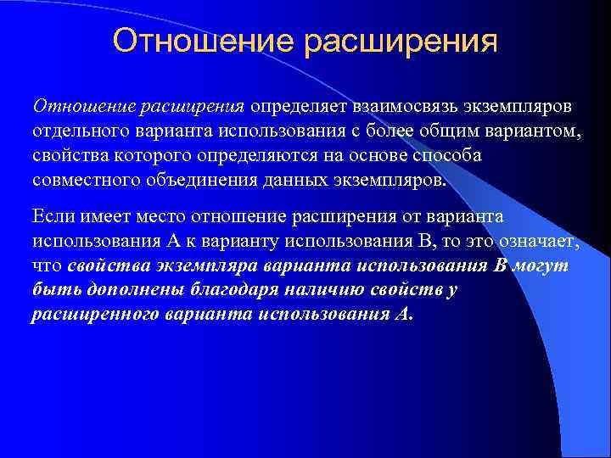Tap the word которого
coord(144,158)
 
